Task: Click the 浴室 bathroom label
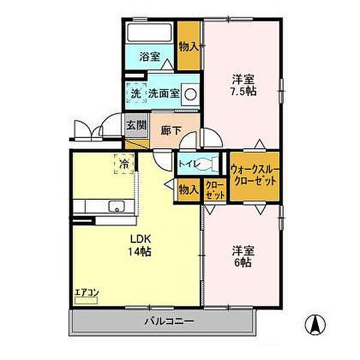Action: (150, 58)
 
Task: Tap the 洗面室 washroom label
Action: (164, 94)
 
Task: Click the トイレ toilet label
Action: (187, 161)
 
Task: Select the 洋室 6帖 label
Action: (241, 257)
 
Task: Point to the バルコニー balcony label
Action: (169, 322)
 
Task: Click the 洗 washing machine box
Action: (136, 94)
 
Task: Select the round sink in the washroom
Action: (190, 94)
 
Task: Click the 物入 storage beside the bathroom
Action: (190, 46)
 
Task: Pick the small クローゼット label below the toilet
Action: (215, 191)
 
